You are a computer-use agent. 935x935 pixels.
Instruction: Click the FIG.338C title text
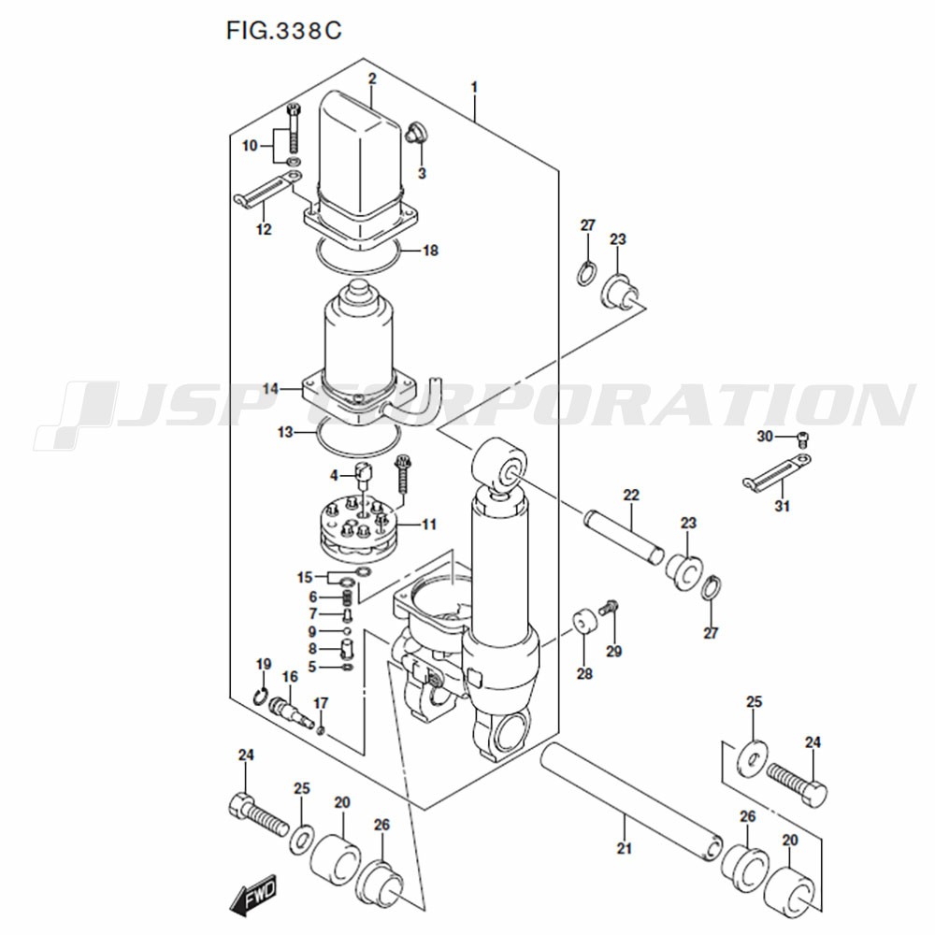[x=284, y=31]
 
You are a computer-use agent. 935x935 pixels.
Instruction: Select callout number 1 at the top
[x=475, y=88]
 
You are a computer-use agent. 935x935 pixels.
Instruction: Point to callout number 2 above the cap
[x=372, y=79]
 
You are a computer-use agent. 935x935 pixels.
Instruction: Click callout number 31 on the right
[x=782, y=506]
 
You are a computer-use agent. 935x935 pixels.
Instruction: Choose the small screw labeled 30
[x=803, y=440]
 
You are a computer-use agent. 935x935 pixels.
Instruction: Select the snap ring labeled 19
[x=260, y=695]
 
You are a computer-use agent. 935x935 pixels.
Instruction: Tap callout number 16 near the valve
[x=290, y=677]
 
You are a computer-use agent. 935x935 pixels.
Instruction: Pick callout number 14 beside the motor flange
[x=270, y=389]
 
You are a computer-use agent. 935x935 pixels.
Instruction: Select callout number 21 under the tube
[x=624, y=847]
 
